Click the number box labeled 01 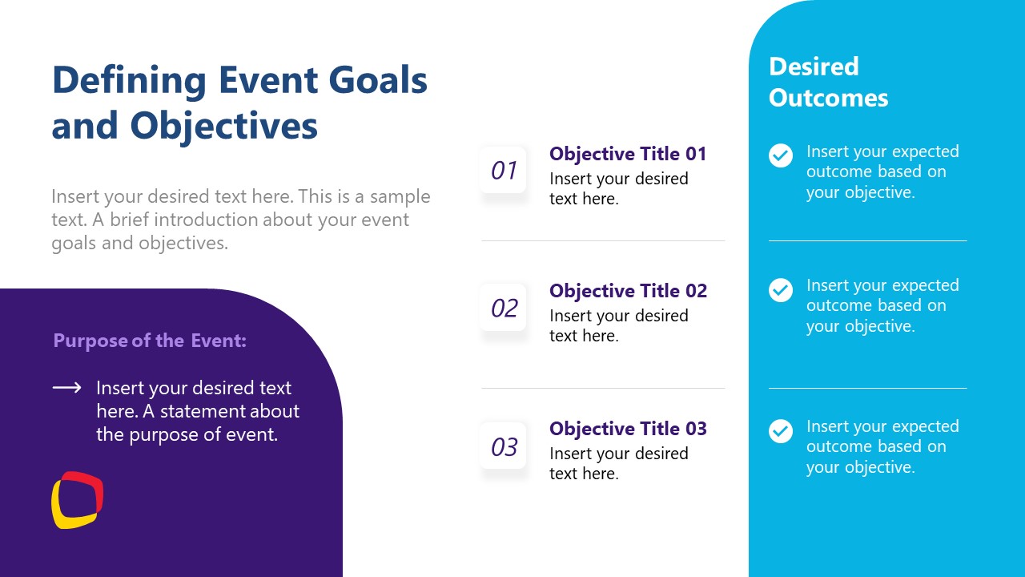[504, 170]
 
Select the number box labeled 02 [504, 308]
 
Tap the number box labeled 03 [504, 446]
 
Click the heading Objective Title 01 [628, 154]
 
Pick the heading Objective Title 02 [628, 291]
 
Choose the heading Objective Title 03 [628, 429]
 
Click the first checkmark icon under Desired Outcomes [781, 155]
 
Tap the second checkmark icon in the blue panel [781, 290]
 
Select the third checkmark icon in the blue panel [781, 431]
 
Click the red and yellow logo [78, 500]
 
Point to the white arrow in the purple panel [67, 389]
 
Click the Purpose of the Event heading [150, 341]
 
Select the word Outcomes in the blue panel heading [828, 98]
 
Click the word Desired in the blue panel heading [814, 67]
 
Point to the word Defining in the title [128, 80]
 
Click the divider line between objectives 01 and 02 [603, 240]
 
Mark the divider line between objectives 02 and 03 [603, 388]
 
